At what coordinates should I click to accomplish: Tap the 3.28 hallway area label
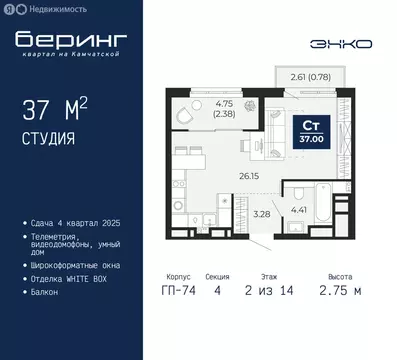point(261,213)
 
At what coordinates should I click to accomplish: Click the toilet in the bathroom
point(296,193)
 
